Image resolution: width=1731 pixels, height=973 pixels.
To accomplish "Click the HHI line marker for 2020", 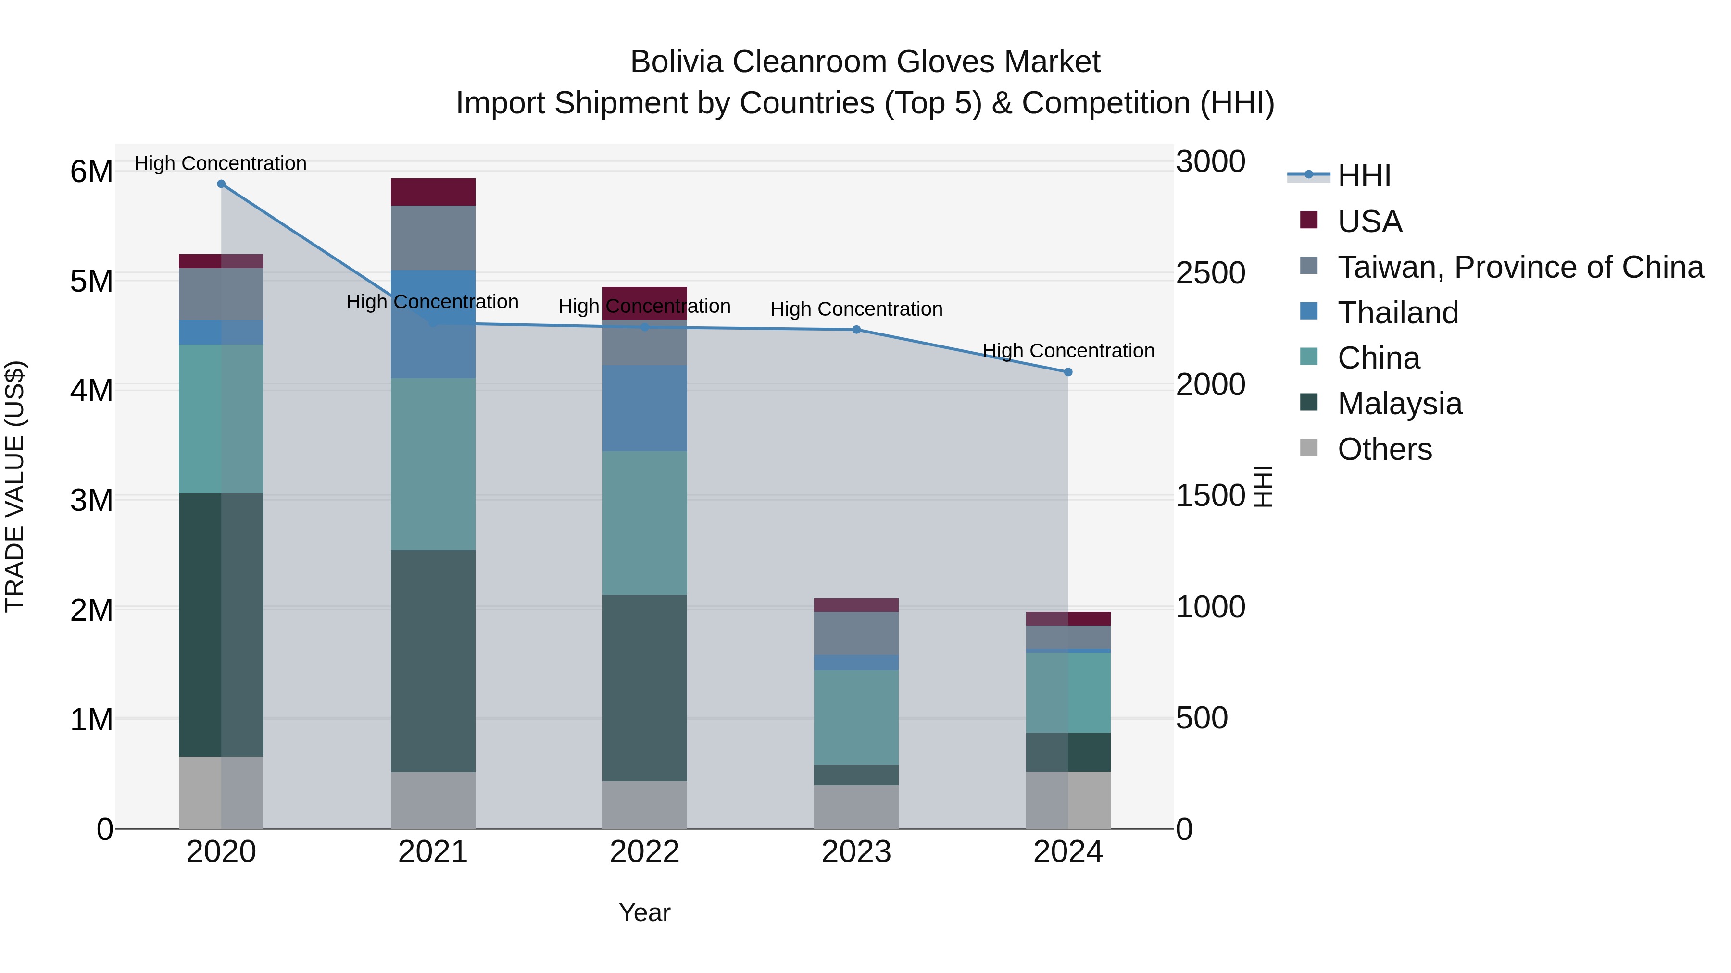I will coord(221,184).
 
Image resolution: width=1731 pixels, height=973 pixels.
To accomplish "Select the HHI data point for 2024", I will coord(1068,372).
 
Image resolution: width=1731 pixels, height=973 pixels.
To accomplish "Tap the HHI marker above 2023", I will coord(856,330).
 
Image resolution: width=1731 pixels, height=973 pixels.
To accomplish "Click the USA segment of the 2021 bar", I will coord(433,192).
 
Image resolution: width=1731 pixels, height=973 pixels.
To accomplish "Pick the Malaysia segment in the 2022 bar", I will coord(644,688).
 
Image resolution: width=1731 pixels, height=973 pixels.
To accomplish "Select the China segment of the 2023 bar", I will coord(856,717).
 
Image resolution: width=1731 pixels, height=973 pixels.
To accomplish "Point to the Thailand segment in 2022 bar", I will coord(644,408).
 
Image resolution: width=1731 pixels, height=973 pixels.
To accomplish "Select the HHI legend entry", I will coord(1364,176).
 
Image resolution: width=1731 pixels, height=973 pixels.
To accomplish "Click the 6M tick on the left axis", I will coord(91,172).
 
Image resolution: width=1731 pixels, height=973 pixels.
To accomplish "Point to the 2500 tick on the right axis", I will coord(1210,273).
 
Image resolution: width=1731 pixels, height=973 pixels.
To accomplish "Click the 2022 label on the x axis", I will coord(644,852).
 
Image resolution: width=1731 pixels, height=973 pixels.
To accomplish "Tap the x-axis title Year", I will coord(644,912).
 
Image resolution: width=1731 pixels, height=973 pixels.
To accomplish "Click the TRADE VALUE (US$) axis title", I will coord(15,486).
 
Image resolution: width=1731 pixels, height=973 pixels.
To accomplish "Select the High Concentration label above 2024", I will coord(1068,351).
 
